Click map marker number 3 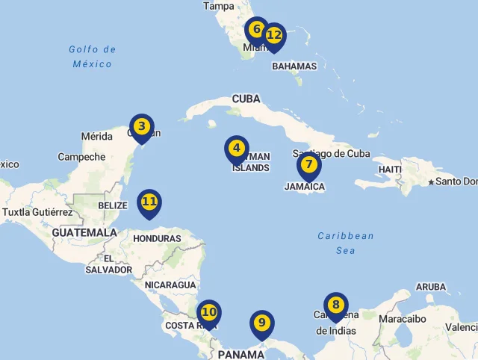(x=142, y=127)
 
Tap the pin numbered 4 (x=237, y=149)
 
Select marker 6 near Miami (x=257, y=30)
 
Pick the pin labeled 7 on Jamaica (x=309, y=164)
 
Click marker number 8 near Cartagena (x=336, y=305)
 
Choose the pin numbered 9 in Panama (x=261, y=323)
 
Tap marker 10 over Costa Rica (x=209, y=312)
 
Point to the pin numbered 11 (x=149, y=202)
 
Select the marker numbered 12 (x=275, y=35)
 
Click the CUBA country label (x=246, y=99)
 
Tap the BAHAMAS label (x=294, y=66)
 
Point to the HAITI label (x=390, y=170)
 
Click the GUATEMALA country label (x=84, y=233)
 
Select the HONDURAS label (x=157, y=239)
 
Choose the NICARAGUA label (x=170, y=285)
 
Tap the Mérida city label (x=96, y=137)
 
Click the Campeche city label (x=81, y=157)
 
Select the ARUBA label (x=431, y=287)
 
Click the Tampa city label (x=219, y=6)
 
